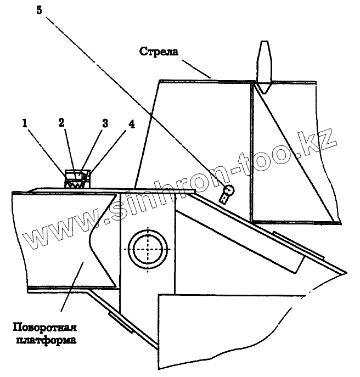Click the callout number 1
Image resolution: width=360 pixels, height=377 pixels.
pos(24,124)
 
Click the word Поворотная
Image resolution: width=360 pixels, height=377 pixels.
pos(44,329)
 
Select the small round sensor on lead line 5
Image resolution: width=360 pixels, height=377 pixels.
pos(228,191)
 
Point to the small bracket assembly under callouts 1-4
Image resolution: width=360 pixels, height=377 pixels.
pos(76,180)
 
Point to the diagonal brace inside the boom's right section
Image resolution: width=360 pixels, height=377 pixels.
pos(294,154)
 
